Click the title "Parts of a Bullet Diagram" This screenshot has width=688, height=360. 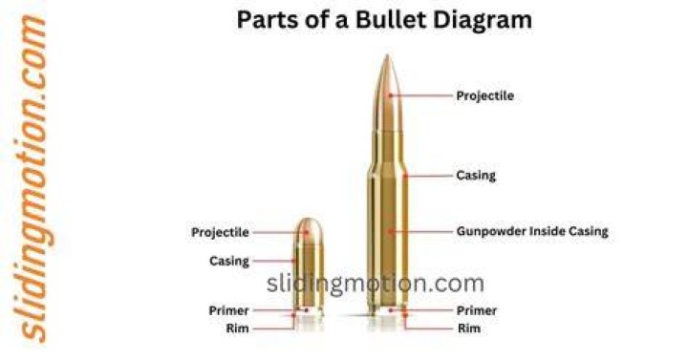tap(384, 20)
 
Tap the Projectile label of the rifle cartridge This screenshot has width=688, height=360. tap(484, 96)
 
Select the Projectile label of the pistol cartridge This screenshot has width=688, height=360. tap(220, 232)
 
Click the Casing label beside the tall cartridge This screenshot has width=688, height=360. tap(476, 176)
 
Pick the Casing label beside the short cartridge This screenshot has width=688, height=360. tap(229, 261)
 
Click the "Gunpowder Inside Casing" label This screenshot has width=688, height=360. tap(532, 231)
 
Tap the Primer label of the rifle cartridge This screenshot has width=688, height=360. tap(477, 310)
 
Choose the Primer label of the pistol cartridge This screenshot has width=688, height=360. tap(228, 310)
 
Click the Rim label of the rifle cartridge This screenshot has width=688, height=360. tap(469, 328)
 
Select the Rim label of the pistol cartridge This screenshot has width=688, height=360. tap(237, 328)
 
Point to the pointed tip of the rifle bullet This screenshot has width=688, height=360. tap(387, 55)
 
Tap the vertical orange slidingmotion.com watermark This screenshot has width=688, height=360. tap(31, 179)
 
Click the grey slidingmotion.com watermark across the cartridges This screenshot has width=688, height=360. tap(376, 284)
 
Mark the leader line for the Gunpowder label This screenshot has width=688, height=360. tap(421, 231)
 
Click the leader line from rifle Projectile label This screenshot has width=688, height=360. tap(421, 95)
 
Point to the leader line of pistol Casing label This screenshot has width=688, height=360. tap(274, 261)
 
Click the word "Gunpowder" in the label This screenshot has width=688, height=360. tap(490, 232)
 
